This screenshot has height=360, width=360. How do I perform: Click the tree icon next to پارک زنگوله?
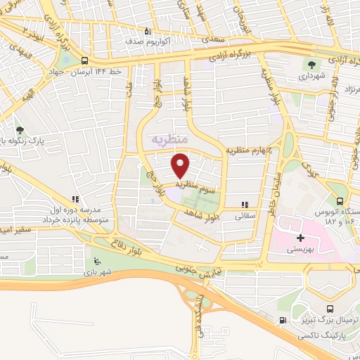point(20,130)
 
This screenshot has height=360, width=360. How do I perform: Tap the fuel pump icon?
point(283,321)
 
